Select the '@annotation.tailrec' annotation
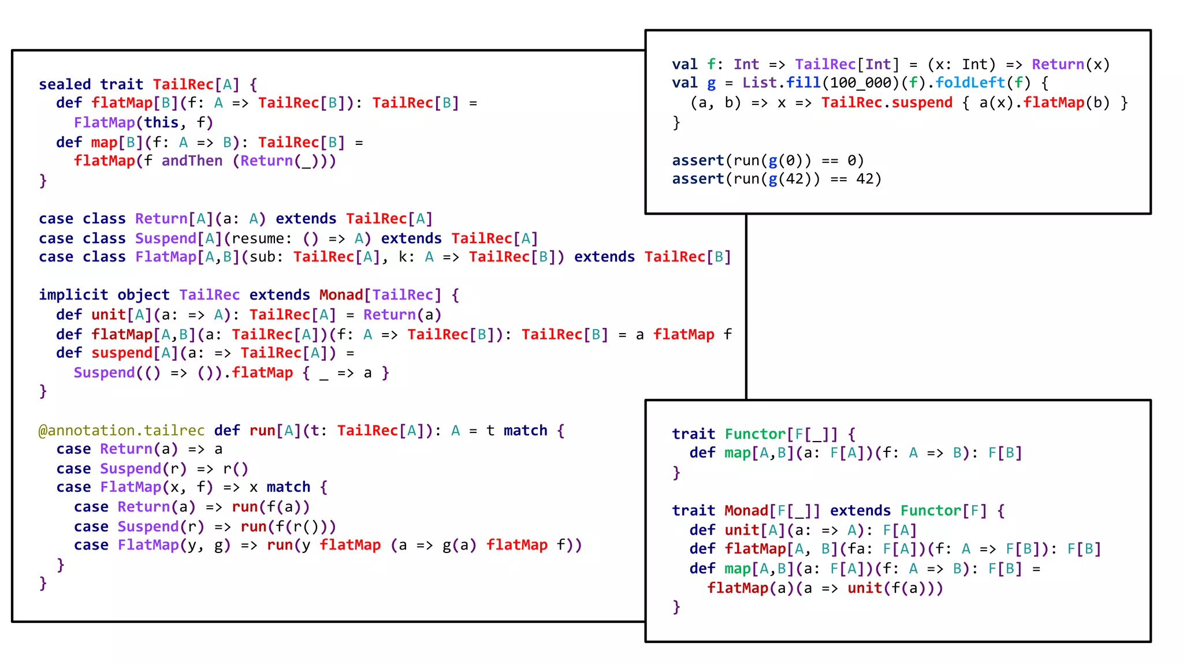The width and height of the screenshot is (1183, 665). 121,431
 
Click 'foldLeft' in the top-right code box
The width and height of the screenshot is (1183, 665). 970,83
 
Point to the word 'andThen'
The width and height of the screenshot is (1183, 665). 192,161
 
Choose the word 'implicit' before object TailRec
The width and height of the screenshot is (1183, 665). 73,295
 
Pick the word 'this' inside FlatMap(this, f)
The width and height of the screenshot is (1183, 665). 161,123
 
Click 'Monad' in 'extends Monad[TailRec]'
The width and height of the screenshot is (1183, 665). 341,295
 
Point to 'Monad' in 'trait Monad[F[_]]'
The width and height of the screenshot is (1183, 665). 746,511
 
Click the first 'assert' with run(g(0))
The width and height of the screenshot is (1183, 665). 698,160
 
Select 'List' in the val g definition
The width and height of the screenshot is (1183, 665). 760,83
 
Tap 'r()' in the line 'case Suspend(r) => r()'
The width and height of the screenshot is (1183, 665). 236,469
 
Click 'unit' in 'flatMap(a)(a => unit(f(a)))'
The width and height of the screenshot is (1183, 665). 865,588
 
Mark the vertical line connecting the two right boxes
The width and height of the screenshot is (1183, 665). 746,307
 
